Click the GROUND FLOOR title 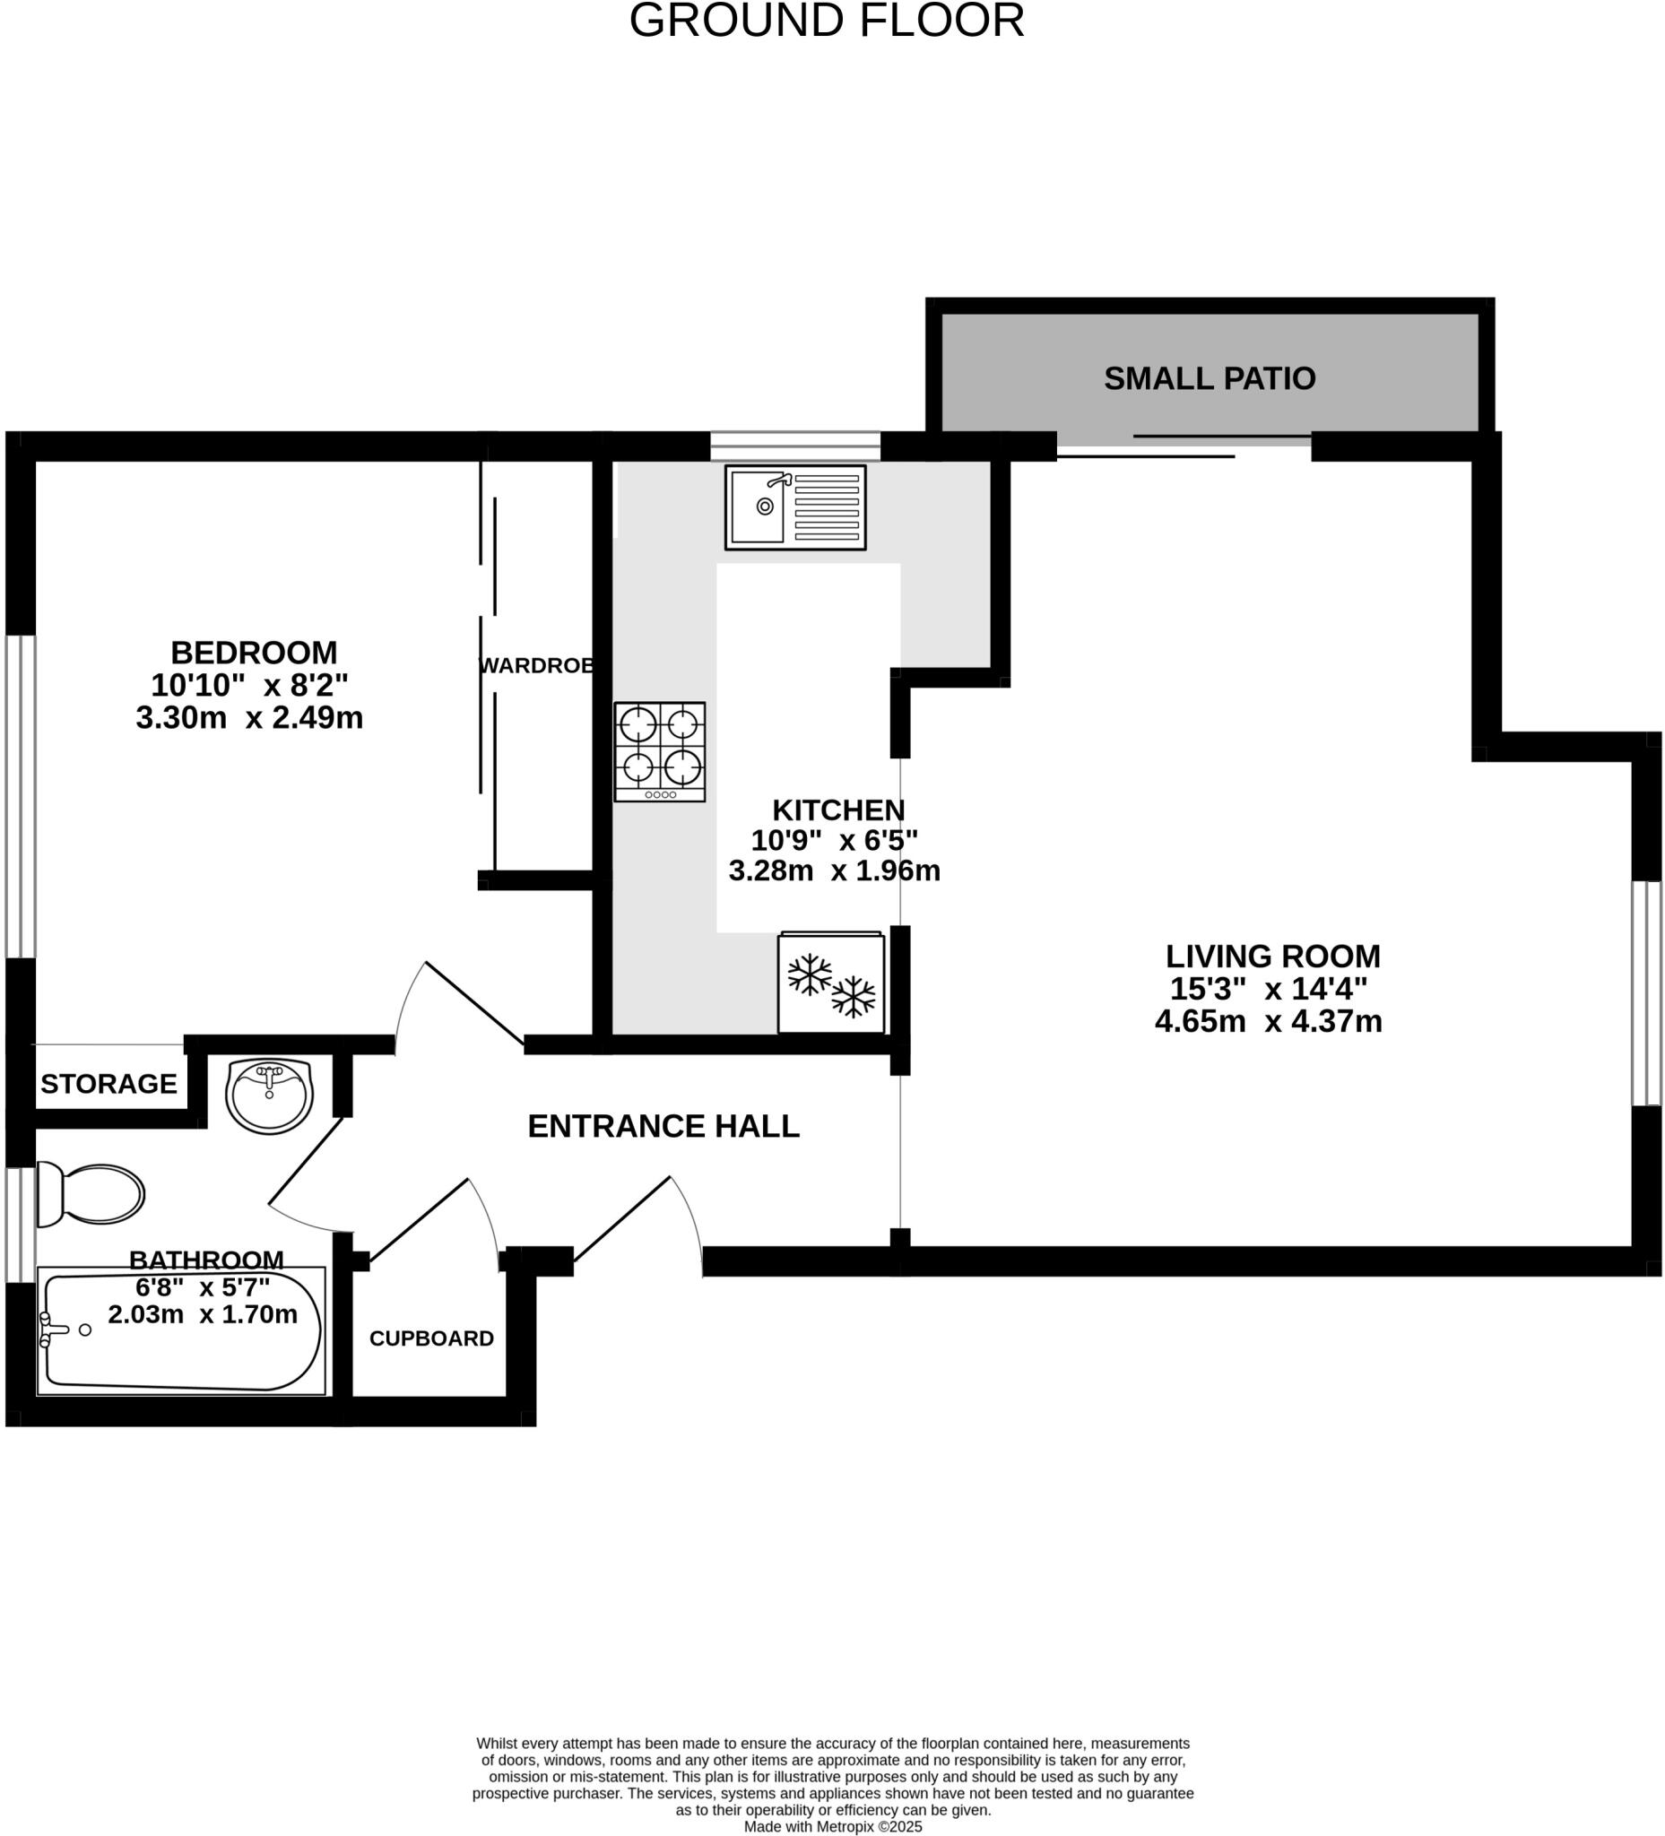point(826,21)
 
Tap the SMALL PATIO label point(1209,379)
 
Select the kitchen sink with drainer point(794,507)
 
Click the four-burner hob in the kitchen point(659,750)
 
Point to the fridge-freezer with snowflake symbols point(829,983)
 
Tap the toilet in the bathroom point(90,1194)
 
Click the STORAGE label point(108,1084)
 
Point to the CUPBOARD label point(431,1338)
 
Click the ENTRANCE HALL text point(663,1127)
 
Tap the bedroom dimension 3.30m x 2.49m point(248,718)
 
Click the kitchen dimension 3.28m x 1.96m point(834,870)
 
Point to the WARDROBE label point(536,666)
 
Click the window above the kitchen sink point(794,446)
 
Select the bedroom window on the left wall point(20,795)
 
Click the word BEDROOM point(253,653)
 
